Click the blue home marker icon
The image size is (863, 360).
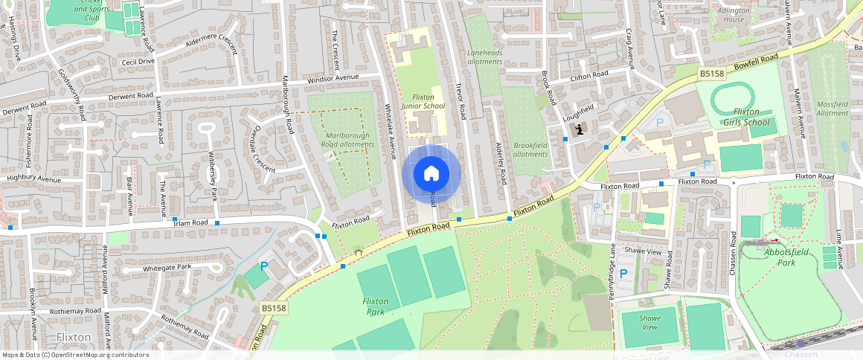[431, 174]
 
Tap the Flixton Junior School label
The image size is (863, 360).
[423, 102]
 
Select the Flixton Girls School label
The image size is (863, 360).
[745, 117]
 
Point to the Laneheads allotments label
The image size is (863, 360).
[484, 57]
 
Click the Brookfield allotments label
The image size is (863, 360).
[530, 150]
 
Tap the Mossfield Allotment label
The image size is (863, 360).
[832, 108]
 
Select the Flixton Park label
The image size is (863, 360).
[375, 306]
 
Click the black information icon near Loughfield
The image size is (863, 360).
[580, 129]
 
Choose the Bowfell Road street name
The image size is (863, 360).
[755, 62]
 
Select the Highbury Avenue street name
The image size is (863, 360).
[33, 179]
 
